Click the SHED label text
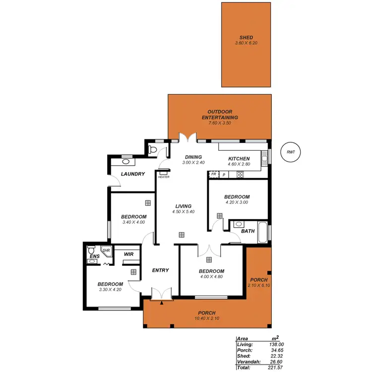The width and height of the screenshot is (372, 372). pyautogui.click(x=246, y=37)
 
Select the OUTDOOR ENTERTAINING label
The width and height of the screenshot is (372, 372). pyautogui.click(x=220, y=115)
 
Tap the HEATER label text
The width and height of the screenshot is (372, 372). pyautogui.click(x=164, y=177)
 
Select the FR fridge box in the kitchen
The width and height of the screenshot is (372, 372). pyautogui.click(x=213, y=175)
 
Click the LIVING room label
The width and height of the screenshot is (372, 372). pyautogui.click(x=183, y=206)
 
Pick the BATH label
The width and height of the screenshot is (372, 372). pyautogui.click(x=248, y=231)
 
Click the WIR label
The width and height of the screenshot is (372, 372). pyautogui.click(x=128, y=254)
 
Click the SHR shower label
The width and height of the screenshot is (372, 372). pyautogui.click(x=106, y=251)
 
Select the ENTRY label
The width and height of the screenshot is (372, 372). pyautogui.click(x=161, y=270)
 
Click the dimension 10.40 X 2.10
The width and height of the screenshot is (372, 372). pyautogui.click(x=207, y=318)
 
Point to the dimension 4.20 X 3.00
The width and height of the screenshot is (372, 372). pyautogui.click(x=237, y=202)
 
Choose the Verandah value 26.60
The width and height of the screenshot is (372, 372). pyautogui.click(x=276, y=361)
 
